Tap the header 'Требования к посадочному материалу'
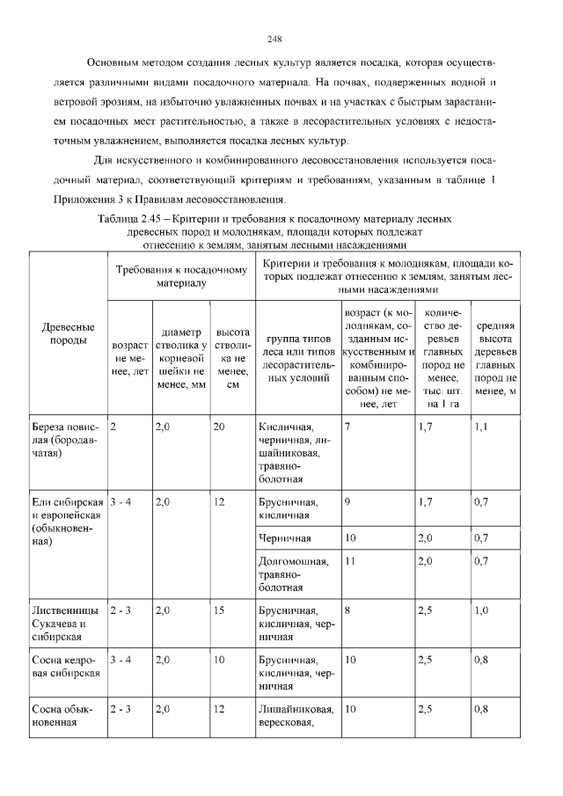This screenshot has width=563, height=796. (x=180, y=277)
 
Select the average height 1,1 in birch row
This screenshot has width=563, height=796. (x=480, y=427)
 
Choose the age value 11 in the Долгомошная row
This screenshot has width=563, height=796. (x=350, y=560)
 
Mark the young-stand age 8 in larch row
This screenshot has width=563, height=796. (x=348, y=610)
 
